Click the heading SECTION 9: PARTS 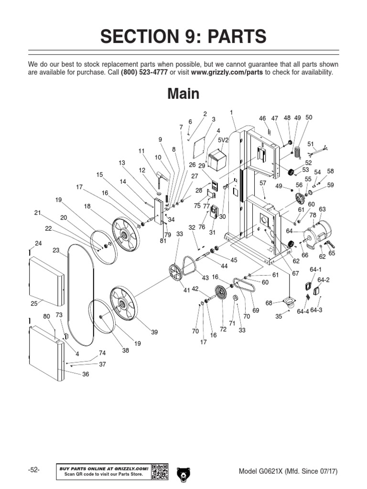click(183, 37)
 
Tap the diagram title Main click(183, 94)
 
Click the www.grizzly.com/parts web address click(227, 72)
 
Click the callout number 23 click(56, 250)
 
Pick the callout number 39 click(154, 331)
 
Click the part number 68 click(269, 303)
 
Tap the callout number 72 click(223, 330)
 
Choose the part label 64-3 click(316, 310)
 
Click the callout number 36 click(86, 374)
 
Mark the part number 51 click(311, 144)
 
